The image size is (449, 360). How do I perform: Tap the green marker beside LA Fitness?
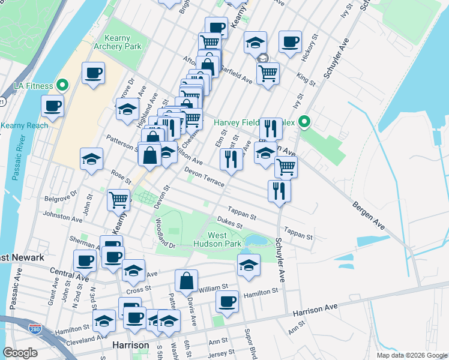click(61, 86)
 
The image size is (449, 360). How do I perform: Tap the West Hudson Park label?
click(217, 239)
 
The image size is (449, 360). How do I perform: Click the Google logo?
click(20, 352)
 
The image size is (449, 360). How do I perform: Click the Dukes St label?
click(230, 223)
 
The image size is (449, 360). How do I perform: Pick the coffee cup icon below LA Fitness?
click(52, 106)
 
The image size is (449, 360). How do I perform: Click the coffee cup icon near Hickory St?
click(291, 41)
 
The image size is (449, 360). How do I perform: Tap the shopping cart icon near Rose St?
click(119, 199)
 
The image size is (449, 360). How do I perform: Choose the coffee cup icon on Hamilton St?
click(227, 301)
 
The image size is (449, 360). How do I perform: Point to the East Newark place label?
click(22, 257)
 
